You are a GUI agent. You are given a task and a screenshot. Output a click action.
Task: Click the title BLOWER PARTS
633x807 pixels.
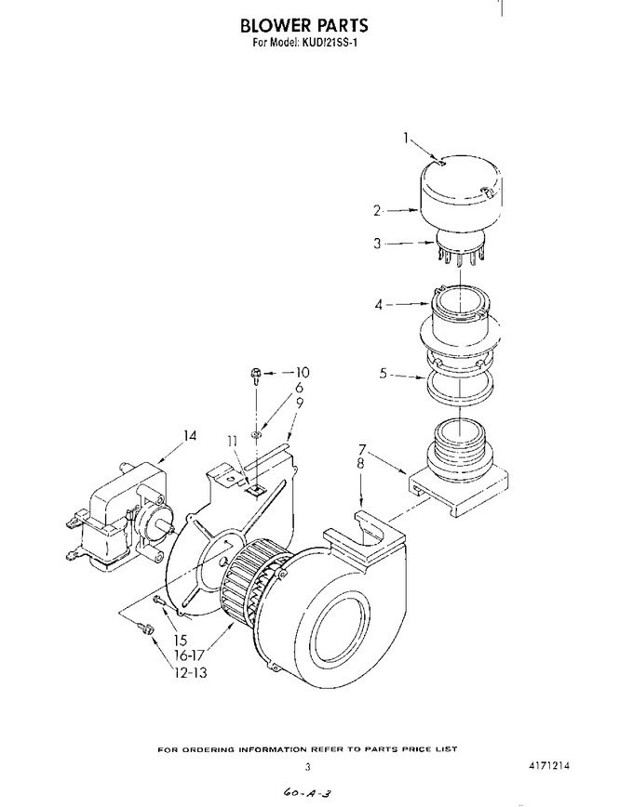pos(304,25)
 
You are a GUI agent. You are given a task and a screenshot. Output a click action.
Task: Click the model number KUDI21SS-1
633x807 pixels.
pos(330,43)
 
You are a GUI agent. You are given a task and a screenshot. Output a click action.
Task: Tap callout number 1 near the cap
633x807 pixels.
pos(406,138)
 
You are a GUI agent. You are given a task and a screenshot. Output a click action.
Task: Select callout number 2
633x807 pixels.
pos(377,210)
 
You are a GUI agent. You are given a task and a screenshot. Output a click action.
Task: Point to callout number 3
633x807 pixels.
pos(377,243)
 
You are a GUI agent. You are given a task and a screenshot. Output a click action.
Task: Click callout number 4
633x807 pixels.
pos(379,305)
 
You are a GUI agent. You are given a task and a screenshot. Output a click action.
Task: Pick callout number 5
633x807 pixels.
pos(383,373)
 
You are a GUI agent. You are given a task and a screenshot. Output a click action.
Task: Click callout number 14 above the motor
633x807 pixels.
pos(190,436)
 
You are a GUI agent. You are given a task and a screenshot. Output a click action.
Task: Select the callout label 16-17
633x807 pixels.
pos(189,655)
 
